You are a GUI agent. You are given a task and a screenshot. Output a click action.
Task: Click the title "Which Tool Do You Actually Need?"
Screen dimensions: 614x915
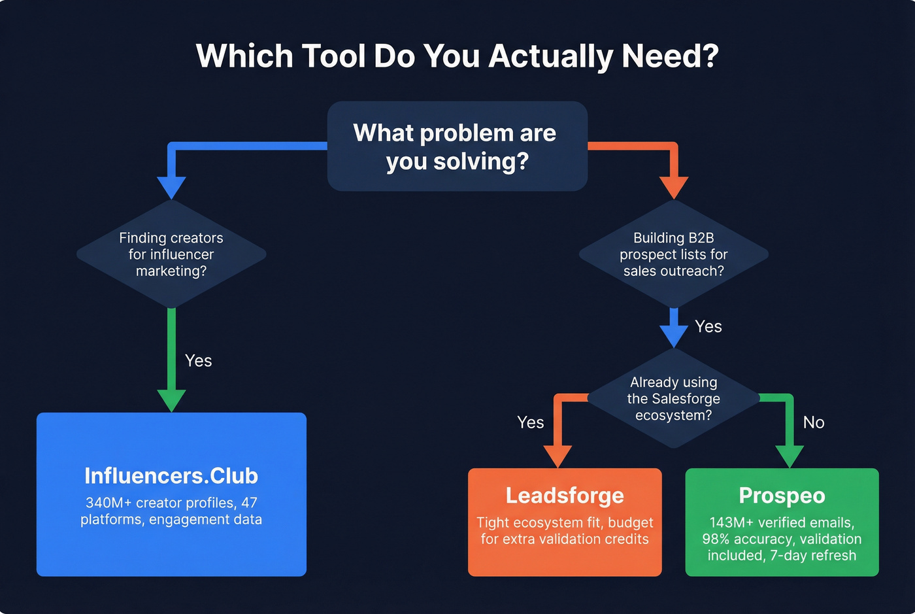point(457,56)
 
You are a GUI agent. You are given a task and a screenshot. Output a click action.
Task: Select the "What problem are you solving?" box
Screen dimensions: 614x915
point(457,146)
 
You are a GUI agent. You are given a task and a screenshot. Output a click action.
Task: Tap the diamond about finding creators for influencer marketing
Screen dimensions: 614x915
point(171,254)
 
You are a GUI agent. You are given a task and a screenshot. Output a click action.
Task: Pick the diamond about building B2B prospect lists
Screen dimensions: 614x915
point(673,254)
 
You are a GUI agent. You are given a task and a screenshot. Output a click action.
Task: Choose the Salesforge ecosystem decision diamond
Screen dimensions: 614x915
point(673,398)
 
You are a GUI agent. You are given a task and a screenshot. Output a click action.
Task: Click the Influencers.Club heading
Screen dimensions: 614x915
point(171,476)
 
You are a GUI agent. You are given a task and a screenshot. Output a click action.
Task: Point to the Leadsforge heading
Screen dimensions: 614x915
point(565,496)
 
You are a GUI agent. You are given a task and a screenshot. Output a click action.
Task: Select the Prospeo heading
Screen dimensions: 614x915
point(782,496)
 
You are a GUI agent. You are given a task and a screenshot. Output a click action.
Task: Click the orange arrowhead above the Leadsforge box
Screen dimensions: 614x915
point(557,456)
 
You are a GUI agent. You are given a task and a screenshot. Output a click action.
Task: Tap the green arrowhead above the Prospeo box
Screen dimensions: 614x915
point(789,456)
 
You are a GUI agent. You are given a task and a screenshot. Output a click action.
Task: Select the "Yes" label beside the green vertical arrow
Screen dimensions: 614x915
point(198,361)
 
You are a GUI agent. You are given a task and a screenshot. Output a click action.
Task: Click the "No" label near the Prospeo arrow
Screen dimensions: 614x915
point(814,422)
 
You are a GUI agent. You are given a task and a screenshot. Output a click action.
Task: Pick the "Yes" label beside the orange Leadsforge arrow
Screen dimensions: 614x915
point(530,422)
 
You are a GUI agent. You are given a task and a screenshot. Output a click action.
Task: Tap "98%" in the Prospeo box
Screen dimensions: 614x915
point(716,539)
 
